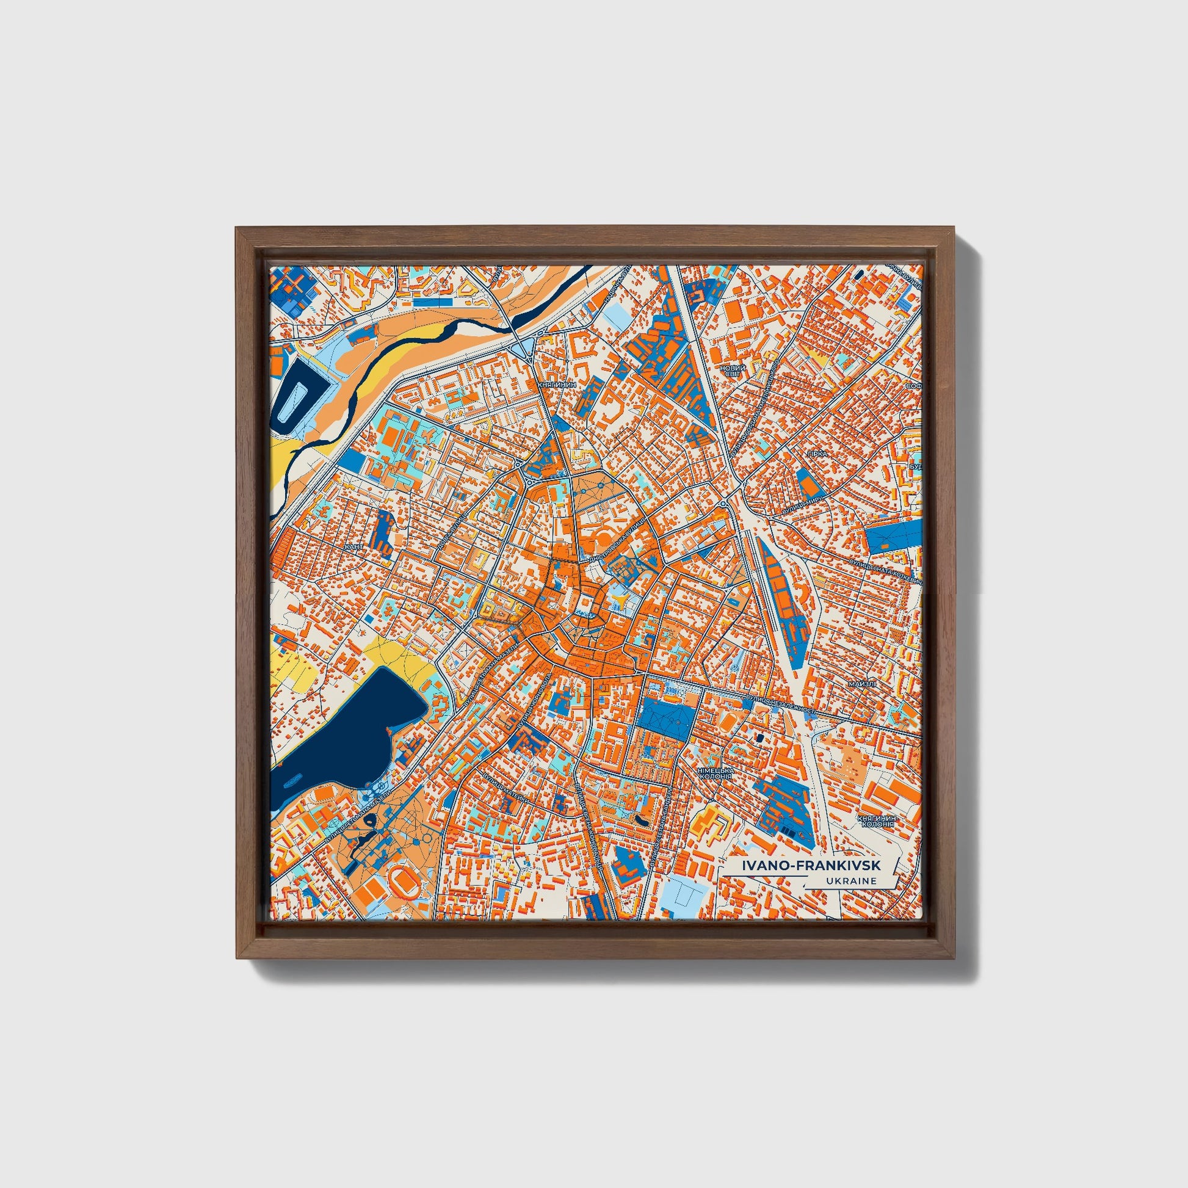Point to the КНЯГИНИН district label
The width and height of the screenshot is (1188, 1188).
(x=557, y=384)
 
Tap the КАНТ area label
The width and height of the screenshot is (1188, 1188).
(x=353, y=546)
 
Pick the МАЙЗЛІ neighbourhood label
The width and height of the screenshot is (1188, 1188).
(x=862, y=684)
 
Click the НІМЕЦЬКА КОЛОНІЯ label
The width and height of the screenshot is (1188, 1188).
(x=715, y=773)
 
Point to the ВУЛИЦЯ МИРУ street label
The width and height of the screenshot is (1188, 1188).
(x=793, y=504)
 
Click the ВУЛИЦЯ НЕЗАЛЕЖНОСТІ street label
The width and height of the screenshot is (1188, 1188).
(x=781, y=704)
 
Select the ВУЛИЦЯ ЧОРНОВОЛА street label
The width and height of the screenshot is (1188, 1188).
(x=534, y=707)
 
